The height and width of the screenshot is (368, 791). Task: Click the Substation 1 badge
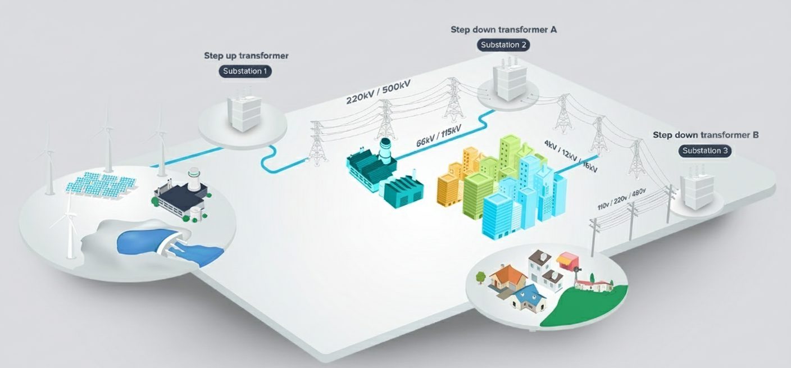(246, 71)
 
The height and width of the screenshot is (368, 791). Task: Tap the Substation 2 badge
(503, 45)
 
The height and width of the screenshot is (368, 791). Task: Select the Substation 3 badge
(705, 151)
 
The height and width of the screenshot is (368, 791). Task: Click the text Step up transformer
(246, 56)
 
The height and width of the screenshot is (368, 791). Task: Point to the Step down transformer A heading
(503, 30)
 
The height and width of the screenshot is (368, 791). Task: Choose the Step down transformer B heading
(706, 135)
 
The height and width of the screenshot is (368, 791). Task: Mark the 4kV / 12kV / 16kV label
(570, 156)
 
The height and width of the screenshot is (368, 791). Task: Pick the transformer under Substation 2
(504, 83)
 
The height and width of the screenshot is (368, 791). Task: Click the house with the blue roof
(527, 297)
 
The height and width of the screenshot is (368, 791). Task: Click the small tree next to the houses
(481, 276)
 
